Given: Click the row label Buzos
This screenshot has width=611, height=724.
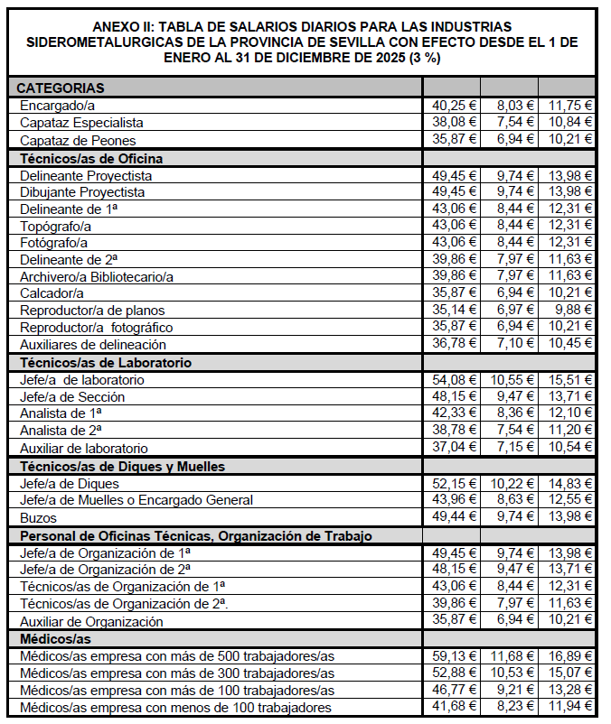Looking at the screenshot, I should click(39, 518).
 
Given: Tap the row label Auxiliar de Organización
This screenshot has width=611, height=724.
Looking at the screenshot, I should click(91, 622).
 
